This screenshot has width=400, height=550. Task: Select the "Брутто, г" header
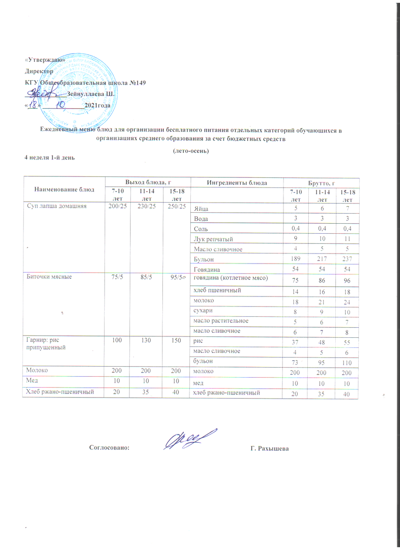click(x=322, y=182)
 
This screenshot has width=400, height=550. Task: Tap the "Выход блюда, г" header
click(x=147, y=182)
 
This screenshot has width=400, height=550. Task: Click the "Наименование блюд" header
click(x=64, y=189)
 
